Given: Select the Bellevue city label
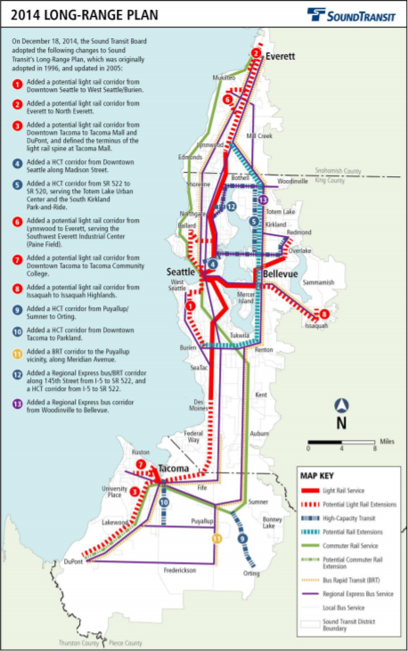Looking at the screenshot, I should click(279, 273).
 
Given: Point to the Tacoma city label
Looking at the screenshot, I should click(174, 469).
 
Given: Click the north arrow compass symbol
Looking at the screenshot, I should click(339, 411).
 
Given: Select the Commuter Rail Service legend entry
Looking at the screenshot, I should click(354, 543).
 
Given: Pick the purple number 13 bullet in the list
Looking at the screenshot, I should click(18, 403).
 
